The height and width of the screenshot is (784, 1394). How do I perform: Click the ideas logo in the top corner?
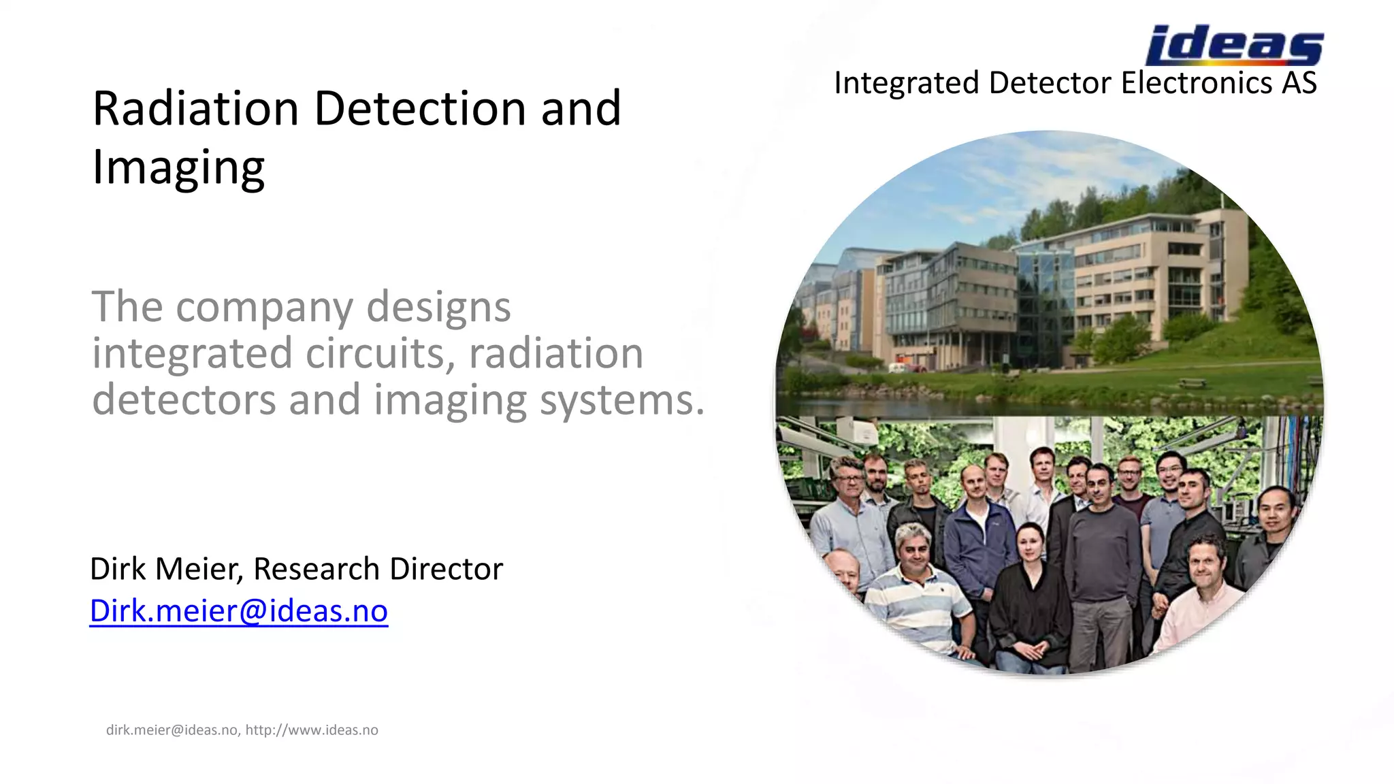(1233, 45)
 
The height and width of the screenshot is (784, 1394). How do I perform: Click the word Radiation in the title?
(195, 108)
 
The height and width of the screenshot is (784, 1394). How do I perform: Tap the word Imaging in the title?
(178, 167)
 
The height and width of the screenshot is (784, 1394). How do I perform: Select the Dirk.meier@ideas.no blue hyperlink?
(238, 610)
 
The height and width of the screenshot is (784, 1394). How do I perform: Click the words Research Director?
(378, 569)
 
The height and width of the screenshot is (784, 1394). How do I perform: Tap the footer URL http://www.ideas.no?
(312, 730)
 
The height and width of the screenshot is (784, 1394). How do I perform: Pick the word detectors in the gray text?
(184, 399)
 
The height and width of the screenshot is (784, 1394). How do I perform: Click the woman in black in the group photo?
(1028, 592)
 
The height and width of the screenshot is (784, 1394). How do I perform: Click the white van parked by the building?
(897, 367)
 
